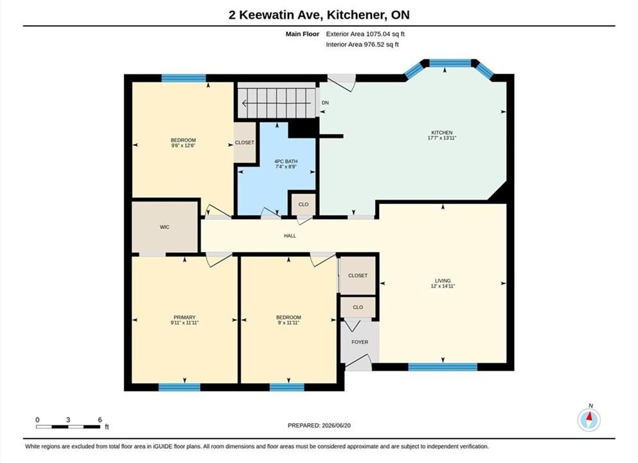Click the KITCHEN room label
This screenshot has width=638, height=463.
(442, 132)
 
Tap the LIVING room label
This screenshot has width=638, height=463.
(443, 280)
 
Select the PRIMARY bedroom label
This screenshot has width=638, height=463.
(185, 317)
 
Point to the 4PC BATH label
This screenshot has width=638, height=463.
(286, 161)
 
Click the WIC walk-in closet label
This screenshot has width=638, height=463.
(164, 227)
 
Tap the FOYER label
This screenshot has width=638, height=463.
(360, 342)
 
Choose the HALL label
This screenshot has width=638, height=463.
(290, 235)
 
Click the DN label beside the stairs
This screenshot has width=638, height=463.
(325, 103)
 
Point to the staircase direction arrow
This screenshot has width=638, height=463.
(277, 103)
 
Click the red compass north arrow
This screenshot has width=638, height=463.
(589, 417)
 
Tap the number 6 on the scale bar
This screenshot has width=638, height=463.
(100, 419)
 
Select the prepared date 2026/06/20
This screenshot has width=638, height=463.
(336, 426)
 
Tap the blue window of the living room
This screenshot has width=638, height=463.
(442, 367)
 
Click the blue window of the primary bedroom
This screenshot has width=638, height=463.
(179, 387)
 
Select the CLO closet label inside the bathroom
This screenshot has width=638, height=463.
(303, 204)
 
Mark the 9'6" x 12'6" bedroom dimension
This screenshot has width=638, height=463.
(183, 145)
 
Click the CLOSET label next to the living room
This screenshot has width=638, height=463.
(358, 276)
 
